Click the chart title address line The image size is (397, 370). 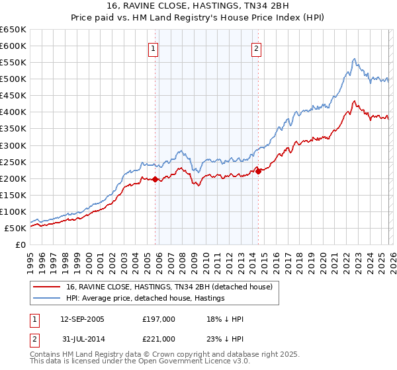[x=198, y=5]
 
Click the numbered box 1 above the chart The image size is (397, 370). [x=154, y=48]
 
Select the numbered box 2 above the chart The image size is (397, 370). [x=256, y=48]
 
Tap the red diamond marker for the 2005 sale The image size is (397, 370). [x=155, y=179]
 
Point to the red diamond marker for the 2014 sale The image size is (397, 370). [x=258, y=171]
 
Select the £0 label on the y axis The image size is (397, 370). [x=20, y=244]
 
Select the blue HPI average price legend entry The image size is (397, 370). [x=145, y=298]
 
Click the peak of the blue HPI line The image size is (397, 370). [x=355, y=59]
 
